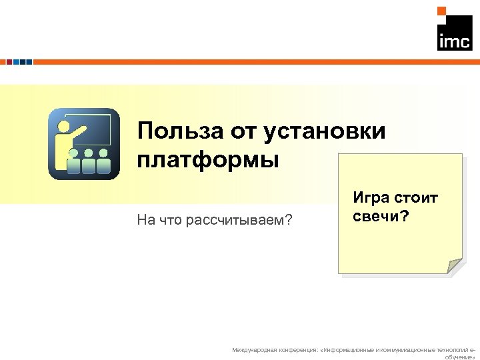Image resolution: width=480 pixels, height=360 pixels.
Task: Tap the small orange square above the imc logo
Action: tap(441, 11)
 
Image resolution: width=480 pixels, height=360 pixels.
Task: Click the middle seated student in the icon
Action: tap(88, 160)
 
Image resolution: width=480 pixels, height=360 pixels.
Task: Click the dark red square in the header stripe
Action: tap(9, 61)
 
